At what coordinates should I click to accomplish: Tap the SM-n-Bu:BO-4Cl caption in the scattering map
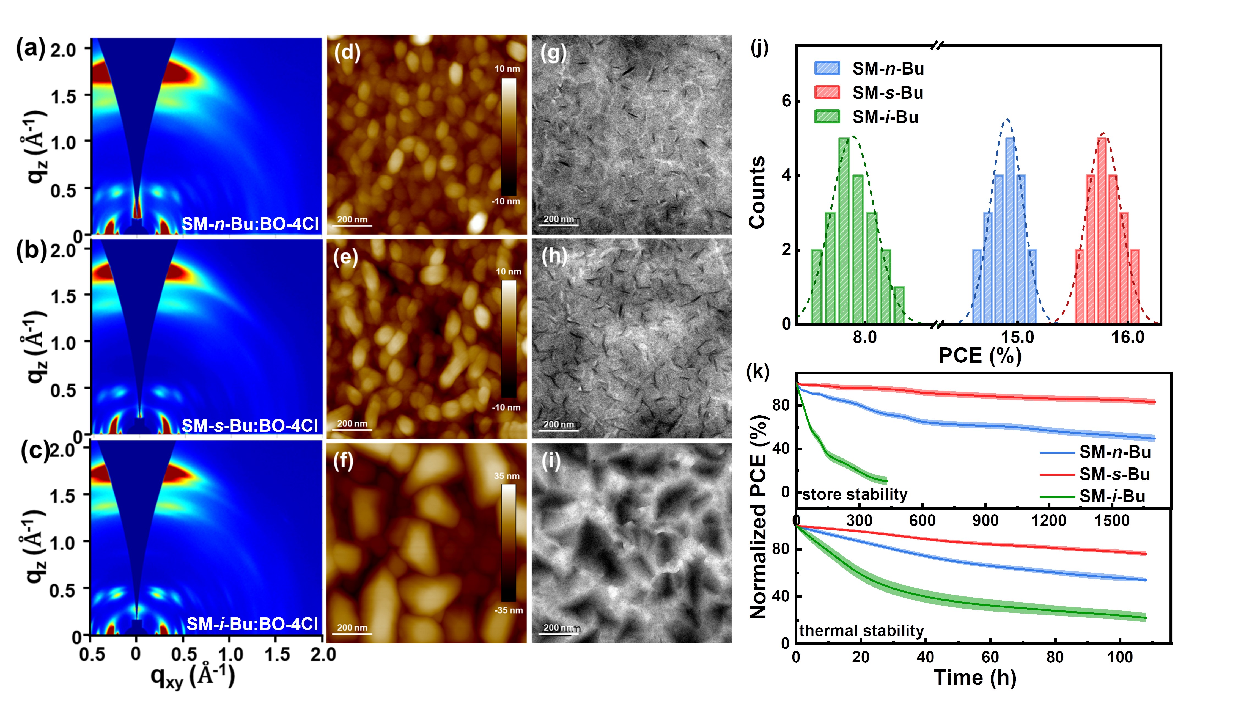coord(250,224)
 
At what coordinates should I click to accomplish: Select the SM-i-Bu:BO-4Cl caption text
coord(252,623)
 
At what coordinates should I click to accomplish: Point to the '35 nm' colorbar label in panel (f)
coord(507,476)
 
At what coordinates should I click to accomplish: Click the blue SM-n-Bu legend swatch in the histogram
coord(827,68)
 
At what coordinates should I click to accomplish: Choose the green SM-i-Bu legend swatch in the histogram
coord(827,117)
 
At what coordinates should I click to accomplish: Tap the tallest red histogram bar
coord(1102,231)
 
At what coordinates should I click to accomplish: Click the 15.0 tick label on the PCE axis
coord(1017,337)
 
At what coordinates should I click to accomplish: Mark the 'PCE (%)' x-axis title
coord(980,356)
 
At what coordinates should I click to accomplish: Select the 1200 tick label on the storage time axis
coord(1048,520)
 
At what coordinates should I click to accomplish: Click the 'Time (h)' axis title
coord(975,678)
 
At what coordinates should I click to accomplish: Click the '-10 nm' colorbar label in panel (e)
coord(506,407)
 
